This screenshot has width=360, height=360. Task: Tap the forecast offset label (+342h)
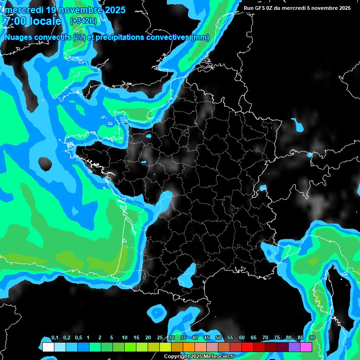pyautogui.click(x=83, y=21)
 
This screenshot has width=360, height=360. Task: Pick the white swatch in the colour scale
pyautogui.click(x=48, y=347)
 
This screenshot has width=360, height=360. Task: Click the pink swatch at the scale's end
pyautogui.click(x=306, y=347)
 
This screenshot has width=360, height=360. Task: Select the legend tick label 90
pyautogui.click(x=312, y=338)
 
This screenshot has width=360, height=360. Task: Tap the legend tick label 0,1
pyautogui.click(x=55, y=338)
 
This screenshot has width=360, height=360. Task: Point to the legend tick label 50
pyautogui.click(x=218, y=338)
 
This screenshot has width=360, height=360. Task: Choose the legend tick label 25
pyautogui.click(x=160, y=338)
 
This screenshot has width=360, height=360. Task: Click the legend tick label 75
pyautogui.click(x=277, y=338)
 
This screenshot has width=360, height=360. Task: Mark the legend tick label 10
pyautogui.click(x=125, y=338)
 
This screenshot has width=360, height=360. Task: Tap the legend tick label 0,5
pyautogui.click(x=78, y=338)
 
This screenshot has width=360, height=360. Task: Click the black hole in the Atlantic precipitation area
pyautogui.click(x=45, y=164)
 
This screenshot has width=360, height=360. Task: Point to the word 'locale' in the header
pyautogui.click(x=45, y=22)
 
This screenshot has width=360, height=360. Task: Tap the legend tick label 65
pyautogui.click(x=254, y=338)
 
